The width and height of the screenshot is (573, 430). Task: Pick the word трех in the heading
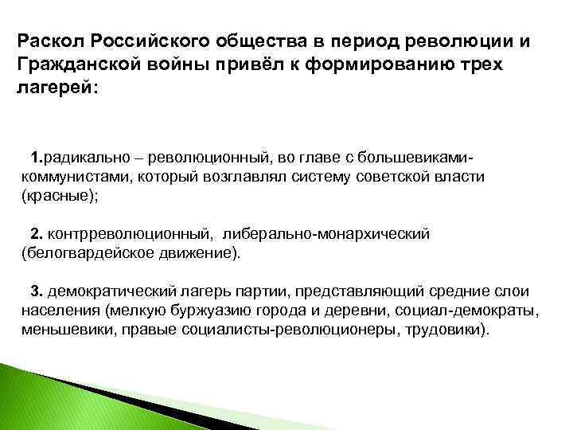(481, 63)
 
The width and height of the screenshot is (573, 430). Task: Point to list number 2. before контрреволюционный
(37, 235)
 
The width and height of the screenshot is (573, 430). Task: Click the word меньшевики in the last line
(65, 329)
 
